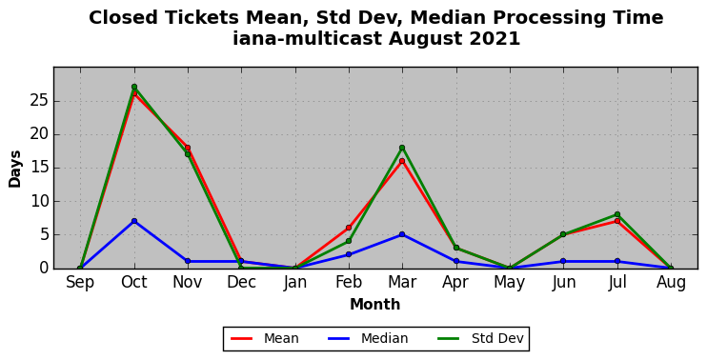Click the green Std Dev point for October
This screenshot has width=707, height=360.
134,87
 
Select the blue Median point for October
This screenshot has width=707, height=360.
134,221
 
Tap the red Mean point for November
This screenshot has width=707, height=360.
188,148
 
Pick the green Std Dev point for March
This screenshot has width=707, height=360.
402,148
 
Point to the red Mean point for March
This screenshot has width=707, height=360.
402,161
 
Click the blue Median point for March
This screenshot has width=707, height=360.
402,234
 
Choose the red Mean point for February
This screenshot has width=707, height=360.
349,228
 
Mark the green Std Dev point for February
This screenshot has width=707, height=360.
349,241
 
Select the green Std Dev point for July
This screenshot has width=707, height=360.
617,214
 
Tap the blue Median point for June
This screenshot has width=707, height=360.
563,261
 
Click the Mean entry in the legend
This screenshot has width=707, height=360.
265,338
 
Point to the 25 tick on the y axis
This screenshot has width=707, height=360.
39,101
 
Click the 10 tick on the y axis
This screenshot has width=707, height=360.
39,201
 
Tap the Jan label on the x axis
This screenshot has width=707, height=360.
294,283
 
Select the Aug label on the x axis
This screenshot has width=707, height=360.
671,283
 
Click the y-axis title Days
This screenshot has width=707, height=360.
15,169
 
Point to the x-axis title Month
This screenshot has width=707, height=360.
375,305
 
